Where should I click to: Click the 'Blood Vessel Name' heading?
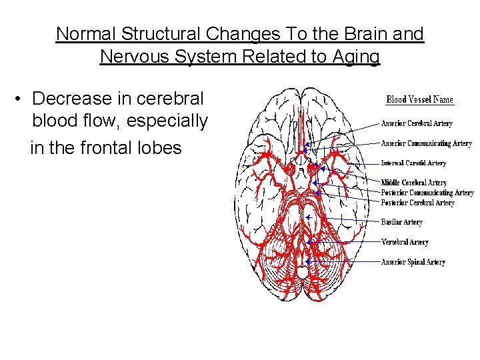click(x=419, y=100)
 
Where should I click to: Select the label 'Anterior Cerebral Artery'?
click(x=417, y=123)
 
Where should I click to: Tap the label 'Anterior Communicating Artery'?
click(x=426, y=143)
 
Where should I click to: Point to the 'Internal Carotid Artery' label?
click(x=413, y=163)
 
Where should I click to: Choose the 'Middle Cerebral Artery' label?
click(x=413, y=183)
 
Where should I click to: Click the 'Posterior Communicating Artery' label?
click(x=427, y=193)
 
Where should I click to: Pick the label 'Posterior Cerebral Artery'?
click(x=417, y=203)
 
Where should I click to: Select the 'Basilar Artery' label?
click(x=401, y=222)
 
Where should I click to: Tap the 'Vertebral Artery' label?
click(x=405, y=242)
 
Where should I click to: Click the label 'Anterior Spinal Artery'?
click(x=413, y=262)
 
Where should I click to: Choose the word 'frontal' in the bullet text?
click(x=116, y=147)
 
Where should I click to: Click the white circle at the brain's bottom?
click(x=302, y=273)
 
